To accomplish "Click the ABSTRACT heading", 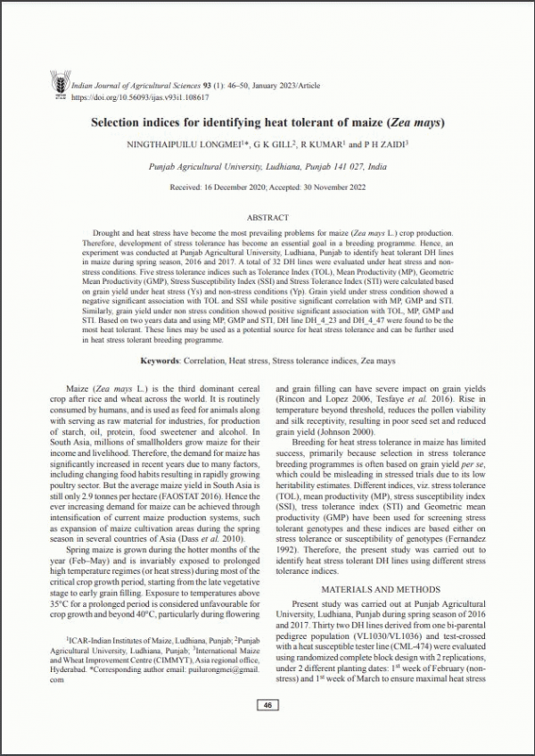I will click(x=267, y=217).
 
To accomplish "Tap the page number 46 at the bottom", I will click(x=267, y=705).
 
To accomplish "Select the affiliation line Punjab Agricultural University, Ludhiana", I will click(x=267, y=166).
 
